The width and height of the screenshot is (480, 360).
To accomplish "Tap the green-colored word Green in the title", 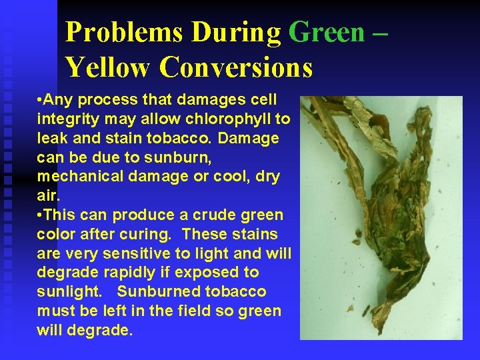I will (x=327, y=32).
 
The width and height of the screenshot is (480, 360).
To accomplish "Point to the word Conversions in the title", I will (x=236, y=67).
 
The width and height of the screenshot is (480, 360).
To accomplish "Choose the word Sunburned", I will (x=157, y=292).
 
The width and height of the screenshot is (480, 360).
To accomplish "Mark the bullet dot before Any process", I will (x=41, y=100).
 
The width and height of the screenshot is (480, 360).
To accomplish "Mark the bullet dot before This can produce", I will (x=41, y=215).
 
